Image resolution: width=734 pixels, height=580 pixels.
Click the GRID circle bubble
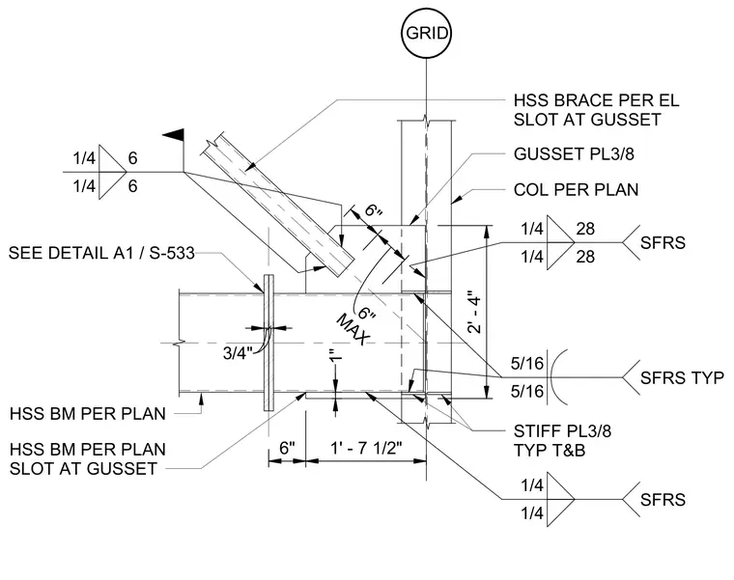[426, 33]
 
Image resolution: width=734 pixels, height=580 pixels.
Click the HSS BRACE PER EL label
[596, 100]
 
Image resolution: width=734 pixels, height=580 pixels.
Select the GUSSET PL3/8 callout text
[574, 153]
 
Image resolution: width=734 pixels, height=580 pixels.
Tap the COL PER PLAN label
[576, 190]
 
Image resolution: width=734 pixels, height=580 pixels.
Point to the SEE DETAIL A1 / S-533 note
[101, 253]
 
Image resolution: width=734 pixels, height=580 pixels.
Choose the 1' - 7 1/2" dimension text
[367, 448]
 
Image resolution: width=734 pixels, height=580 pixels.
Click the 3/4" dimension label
[238, 353]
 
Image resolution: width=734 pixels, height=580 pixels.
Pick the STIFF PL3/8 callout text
[562, 430]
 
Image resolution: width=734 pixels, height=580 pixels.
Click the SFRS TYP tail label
[682, 378]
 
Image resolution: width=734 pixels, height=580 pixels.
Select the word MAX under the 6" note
[353, 329]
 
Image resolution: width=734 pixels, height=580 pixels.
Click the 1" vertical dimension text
[336, 355]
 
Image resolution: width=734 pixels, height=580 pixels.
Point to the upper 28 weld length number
[585, 229]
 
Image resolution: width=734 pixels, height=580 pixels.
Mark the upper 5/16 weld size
[527, 364]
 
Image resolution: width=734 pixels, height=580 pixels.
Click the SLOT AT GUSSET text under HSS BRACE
[587, 120]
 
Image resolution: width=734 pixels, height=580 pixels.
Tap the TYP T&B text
[550, 450]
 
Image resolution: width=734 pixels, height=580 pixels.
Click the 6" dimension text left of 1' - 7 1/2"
[287, 448]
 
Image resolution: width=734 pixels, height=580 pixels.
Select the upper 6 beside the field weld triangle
[133, 158]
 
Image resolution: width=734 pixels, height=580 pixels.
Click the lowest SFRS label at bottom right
[663, 500]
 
